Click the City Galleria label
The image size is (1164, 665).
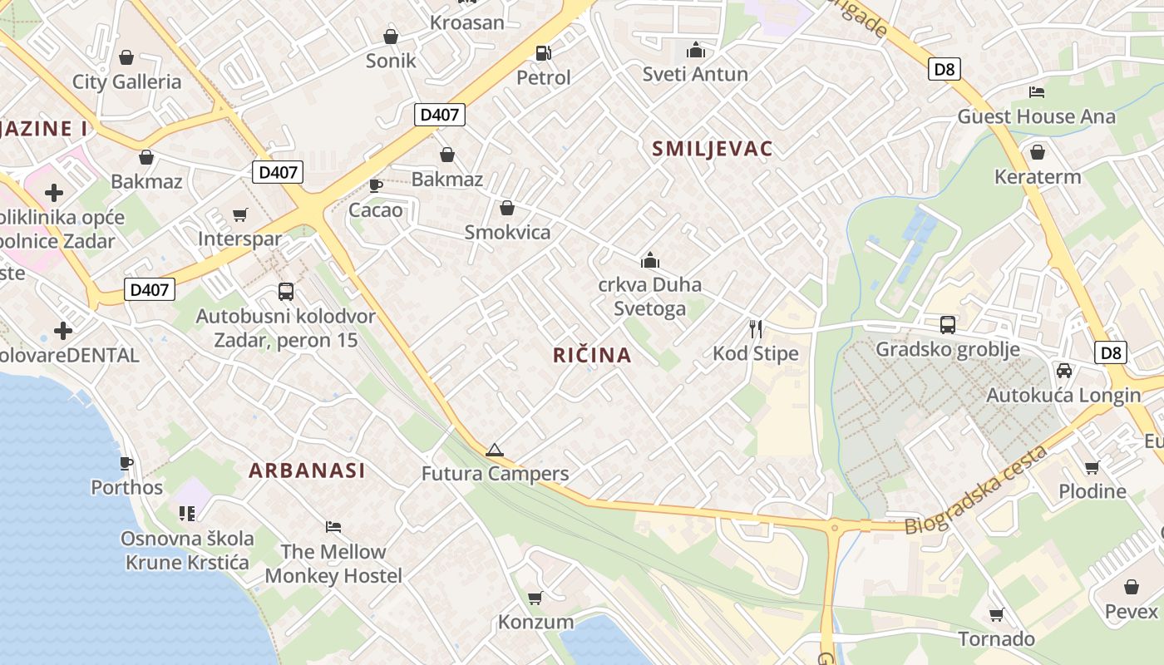[126, 81]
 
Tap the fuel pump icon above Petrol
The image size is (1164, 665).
[544, 52]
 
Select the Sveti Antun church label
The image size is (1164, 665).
[695, 74]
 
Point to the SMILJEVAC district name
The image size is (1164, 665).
[713, 149]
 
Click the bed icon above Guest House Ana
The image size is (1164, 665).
[1036, 91]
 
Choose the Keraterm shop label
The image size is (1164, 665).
[1038, 177]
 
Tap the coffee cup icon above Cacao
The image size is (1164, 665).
[376, 185]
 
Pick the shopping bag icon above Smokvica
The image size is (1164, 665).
[507, 208]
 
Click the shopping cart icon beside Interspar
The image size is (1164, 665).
[240, 215]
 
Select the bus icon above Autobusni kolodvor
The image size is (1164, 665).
[286, 292]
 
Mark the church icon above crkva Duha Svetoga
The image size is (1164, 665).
[650, 260]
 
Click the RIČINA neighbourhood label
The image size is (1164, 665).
[592, 356]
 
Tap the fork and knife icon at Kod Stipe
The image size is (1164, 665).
[756, 329]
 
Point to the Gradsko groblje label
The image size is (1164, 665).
[947, 349]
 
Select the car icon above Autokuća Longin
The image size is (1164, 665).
[1063, 371]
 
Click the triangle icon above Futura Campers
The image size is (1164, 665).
[495, 451]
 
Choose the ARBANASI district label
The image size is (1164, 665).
[307, 470]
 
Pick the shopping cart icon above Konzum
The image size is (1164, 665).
[535, 598]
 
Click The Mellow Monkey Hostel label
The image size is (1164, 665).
[333, 564]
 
